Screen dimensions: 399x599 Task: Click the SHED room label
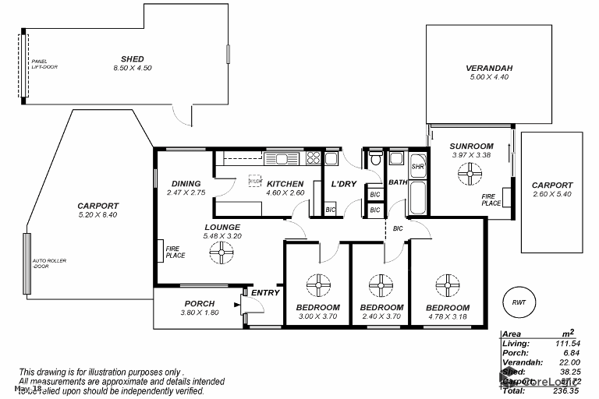132,58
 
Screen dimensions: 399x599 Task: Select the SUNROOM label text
472,146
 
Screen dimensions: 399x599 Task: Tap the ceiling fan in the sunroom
472,177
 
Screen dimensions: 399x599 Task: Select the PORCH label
199,304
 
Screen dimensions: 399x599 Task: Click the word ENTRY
265,293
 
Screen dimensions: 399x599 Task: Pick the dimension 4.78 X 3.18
447,317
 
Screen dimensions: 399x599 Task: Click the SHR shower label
417,166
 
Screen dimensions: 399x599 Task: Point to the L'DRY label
343,185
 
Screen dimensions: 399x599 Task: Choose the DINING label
186,184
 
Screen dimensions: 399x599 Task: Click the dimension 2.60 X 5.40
552,194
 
